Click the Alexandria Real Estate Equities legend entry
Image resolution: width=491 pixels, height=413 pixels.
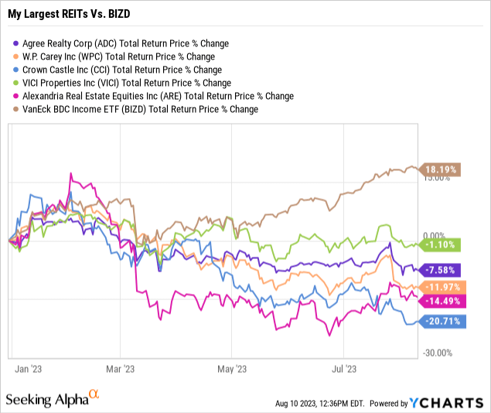[155, 96]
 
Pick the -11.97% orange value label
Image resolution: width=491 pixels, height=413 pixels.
[442, 288]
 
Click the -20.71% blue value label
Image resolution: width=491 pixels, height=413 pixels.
[442, 320]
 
